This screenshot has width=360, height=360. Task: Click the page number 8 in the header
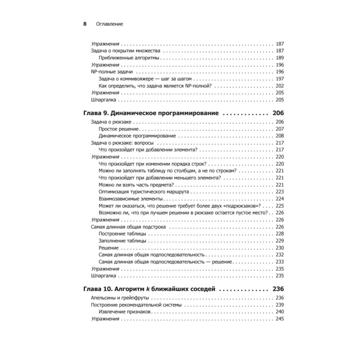[85, 24]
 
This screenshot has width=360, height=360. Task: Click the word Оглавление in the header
[110, 24]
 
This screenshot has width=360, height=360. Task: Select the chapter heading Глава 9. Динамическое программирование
[151, 113]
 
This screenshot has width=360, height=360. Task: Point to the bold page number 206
[278, 113]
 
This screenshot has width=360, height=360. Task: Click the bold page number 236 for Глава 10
[278, 289]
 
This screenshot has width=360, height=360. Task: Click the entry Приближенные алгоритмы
[129, 58]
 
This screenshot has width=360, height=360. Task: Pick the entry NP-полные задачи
[110, 72]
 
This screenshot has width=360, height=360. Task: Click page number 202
[280, 86]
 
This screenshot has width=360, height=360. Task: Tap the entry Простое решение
[119, 129]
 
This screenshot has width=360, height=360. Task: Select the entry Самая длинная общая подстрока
[129, 227]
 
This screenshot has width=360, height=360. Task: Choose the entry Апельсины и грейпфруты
[120, 298]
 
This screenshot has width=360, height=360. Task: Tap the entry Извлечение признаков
[126, 312]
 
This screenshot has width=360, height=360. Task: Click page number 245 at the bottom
[280, 319]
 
